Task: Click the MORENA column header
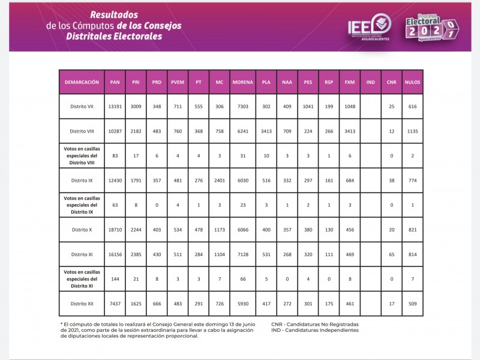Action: click(242, 82)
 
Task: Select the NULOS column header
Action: click(412, 82)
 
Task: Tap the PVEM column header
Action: click(178, 82)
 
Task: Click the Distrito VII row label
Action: click(81, 106)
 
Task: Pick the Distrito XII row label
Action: click(81, 304)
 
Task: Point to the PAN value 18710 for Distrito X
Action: click(115, 230)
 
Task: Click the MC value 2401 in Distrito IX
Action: click(219, 181)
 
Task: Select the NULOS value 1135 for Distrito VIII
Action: click(412, 131)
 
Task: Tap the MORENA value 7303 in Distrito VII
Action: click(242, 106)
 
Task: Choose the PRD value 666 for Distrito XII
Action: click(157, 304)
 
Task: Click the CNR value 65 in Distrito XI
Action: click(391, 254)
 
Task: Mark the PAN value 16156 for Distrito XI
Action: click(115, 254)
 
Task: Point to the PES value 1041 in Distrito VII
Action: click(308, 106)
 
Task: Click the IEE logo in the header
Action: click(370, 27)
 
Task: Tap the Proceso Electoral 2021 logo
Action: click(431, 27)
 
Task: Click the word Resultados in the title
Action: click(114, 14)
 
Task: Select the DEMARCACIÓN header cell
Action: click(81, 82)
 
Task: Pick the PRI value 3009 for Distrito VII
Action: click(136, 106)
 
